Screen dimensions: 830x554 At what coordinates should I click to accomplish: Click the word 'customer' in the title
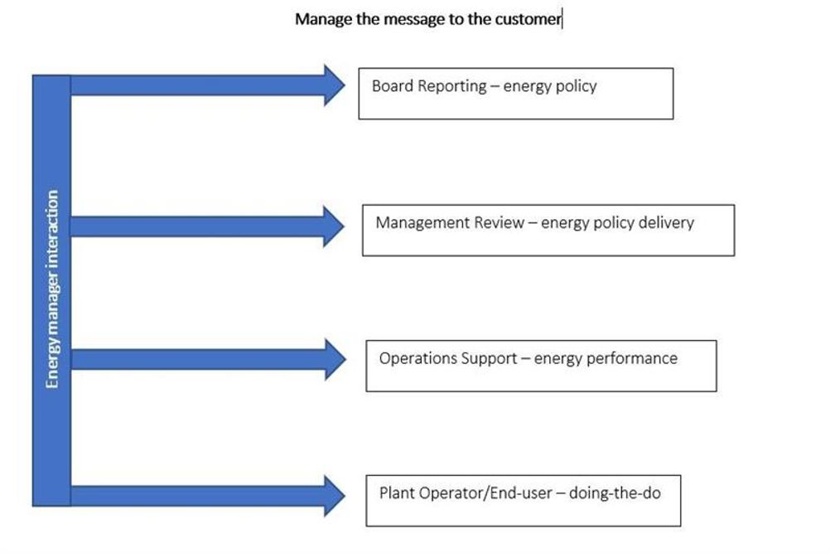point(528,19)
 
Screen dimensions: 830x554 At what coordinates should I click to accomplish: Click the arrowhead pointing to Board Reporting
point(335,85)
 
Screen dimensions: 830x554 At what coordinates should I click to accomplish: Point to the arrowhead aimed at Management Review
point(334,226)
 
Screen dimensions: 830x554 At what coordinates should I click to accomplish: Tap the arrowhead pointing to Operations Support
point(335,359)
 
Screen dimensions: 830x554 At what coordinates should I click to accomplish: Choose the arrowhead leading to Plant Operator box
point(335,496)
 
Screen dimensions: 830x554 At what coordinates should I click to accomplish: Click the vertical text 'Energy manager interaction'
point(52,289)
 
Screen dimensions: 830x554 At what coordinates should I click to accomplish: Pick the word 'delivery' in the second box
point(666,222)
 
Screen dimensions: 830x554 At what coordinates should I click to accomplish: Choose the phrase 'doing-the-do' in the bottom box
point(615,493)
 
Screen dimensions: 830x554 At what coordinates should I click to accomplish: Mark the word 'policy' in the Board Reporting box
point(577,86)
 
